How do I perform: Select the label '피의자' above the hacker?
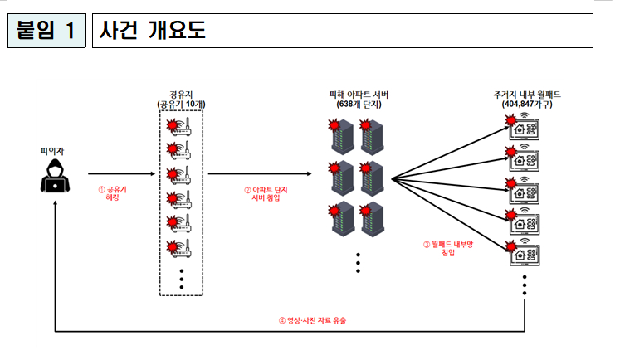point(52,151)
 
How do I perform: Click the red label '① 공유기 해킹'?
point(114,192)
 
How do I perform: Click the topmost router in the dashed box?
point(182,125)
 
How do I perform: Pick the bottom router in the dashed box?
point(182,246)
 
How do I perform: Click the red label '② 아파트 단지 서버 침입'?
point(262,192)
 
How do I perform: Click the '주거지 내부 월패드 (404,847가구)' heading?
point(526,100)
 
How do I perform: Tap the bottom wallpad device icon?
point(525,251)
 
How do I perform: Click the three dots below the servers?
point(358,262)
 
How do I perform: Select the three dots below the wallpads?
point(525,286)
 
